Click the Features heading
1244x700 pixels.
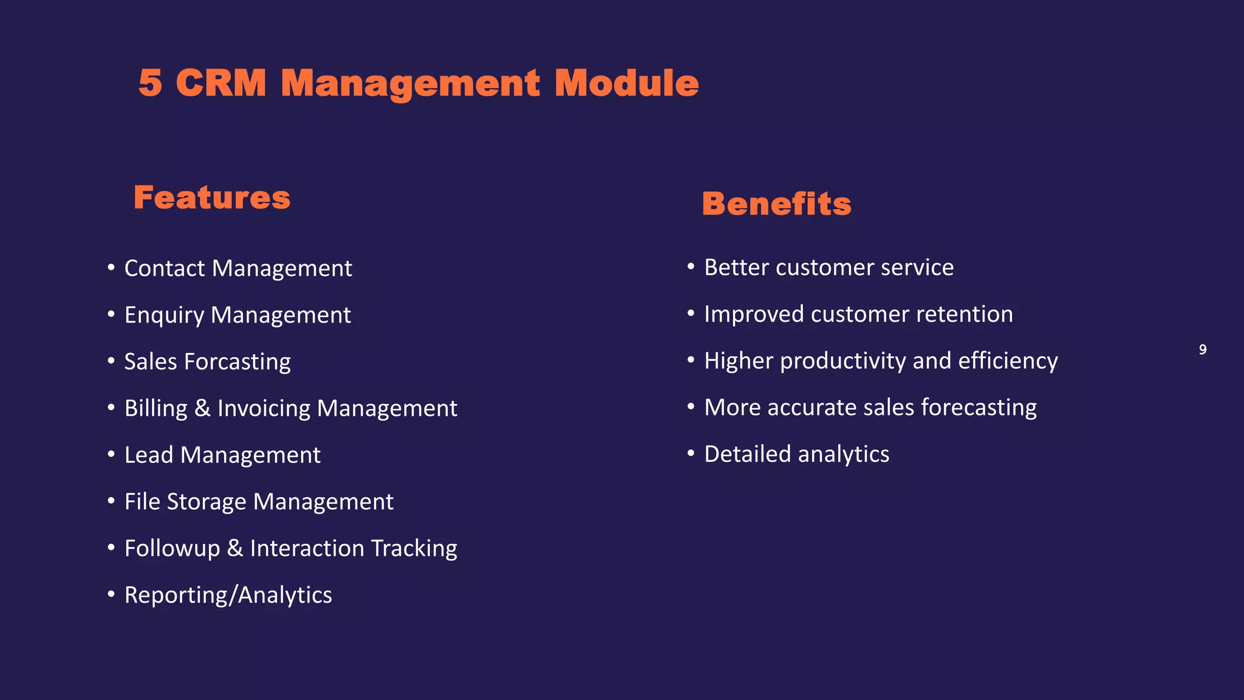[x=212, y=198]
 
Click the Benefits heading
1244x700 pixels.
[x=776, y=204]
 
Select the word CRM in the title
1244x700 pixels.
[x=221, y=83]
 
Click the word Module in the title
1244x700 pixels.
[x=626, y=83]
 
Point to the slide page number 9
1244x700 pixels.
[x=1202, y=349]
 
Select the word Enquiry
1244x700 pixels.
[x=164, y=315]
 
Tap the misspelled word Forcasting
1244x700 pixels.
[x=238, y=362]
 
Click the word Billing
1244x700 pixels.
[x=155, y=408]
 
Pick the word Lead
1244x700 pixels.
[x=148, y=455]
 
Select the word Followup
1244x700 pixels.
[x=172, y=549]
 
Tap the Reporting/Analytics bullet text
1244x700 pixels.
[x=228, y=595]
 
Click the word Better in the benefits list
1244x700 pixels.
[x=736, y=268]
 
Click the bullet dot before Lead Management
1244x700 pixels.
[x=111, y=454]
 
